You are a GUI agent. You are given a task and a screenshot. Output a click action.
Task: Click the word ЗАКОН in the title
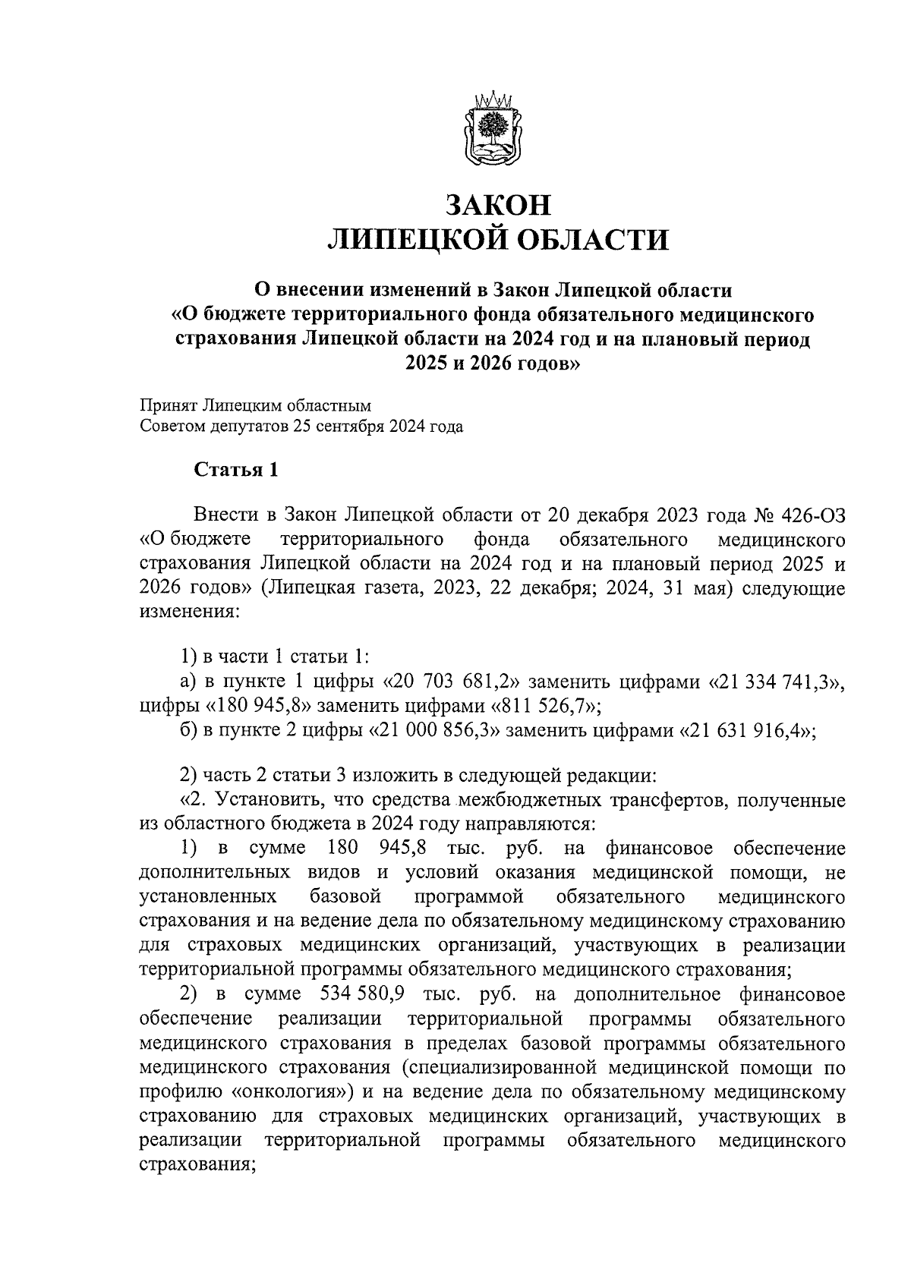tap(497, 206)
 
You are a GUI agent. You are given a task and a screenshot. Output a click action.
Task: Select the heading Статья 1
tap(237, 470)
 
